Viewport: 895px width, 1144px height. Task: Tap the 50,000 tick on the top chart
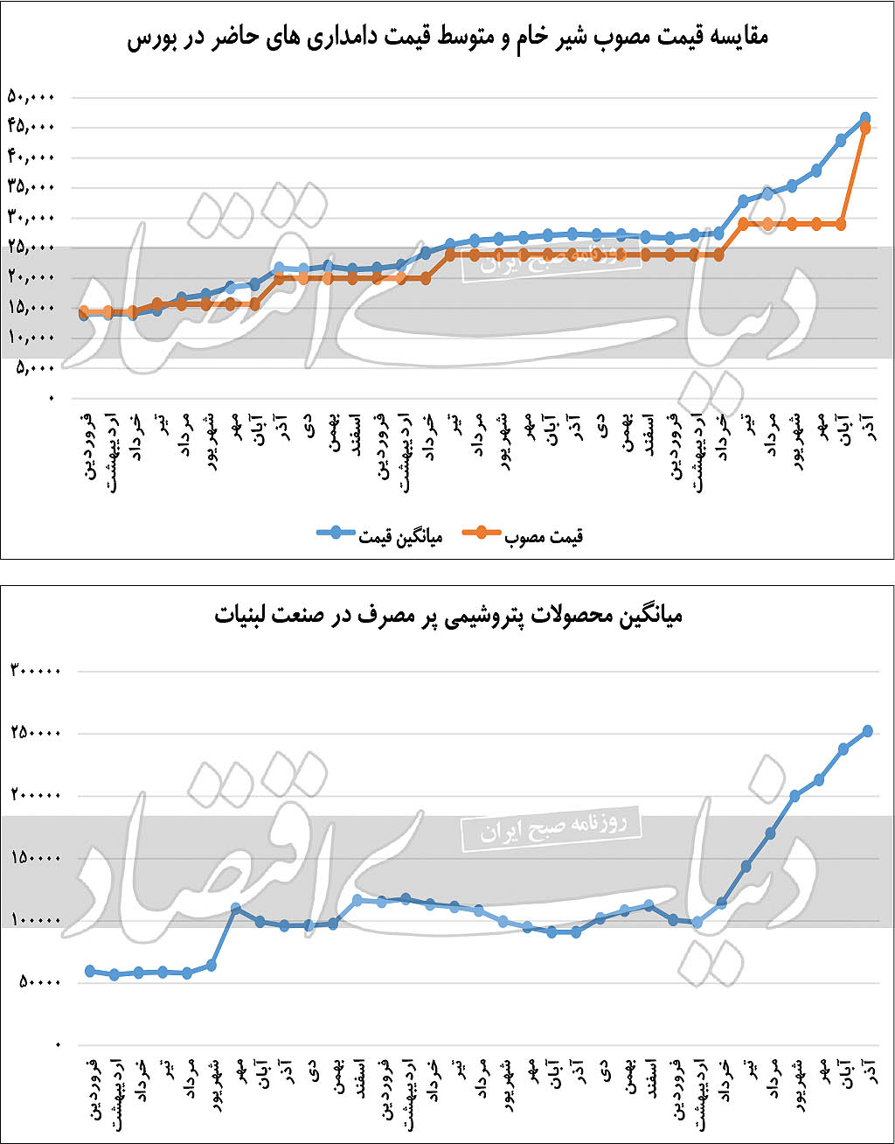click(x=31, y=97)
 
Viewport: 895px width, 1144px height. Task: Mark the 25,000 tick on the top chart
click(x=31, y=248)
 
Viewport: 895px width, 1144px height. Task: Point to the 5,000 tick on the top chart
click(x=36, y=368)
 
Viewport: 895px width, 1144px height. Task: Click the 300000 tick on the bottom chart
click(x=36, y=672)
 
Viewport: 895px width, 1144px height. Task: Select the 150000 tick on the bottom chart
click(x=36, y=858)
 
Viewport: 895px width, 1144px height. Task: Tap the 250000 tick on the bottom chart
click(x=36, y=734)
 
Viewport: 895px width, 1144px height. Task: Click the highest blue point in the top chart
click(x=865, y=117)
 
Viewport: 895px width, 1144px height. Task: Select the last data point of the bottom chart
click(x=868, y=730)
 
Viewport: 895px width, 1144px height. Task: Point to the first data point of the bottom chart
click(x=90, y=971)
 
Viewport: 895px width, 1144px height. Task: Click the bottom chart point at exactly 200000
click(x=794, y=796)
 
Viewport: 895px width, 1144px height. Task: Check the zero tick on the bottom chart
click(x=58, y=1045)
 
